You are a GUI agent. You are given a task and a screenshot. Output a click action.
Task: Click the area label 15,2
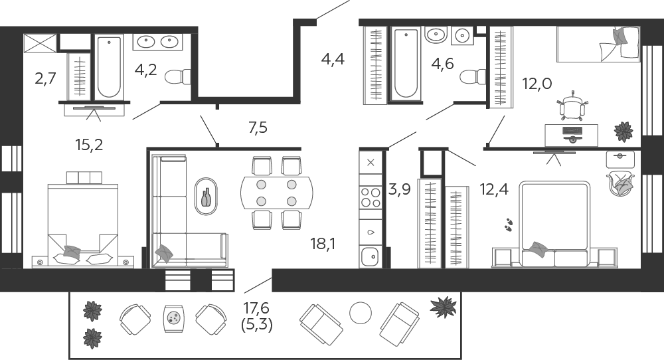(x=90, y=145)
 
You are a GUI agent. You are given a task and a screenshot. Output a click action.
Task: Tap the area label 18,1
(x=323, y=244)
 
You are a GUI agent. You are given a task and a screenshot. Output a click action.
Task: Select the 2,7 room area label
(x=45, y=78)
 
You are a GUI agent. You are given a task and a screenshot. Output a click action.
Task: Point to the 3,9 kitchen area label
(x=400, y=189)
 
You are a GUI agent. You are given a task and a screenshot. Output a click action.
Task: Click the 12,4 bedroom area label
(x=494, y=189)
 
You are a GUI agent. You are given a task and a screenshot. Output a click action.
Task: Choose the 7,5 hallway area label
(x=258, y=127)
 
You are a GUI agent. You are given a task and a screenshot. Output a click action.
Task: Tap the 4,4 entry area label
(x=333, y=59)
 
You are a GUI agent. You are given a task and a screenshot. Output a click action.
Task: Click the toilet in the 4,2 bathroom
(x=177, y=76)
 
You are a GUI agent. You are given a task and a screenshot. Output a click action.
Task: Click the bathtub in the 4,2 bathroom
(x=109, y=67)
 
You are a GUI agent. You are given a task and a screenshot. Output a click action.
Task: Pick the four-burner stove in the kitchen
(x=371, y=197)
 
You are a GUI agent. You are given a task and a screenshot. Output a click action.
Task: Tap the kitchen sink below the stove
(x=370, y=256)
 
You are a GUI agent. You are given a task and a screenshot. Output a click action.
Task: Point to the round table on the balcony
(x=361, y=314)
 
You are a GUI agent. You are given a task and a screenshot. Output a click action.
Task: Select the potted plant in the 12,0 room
(x=623, y=132)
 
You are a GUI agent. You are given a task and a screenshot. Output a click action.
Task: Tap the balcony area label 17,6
(x=256, y=308)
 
